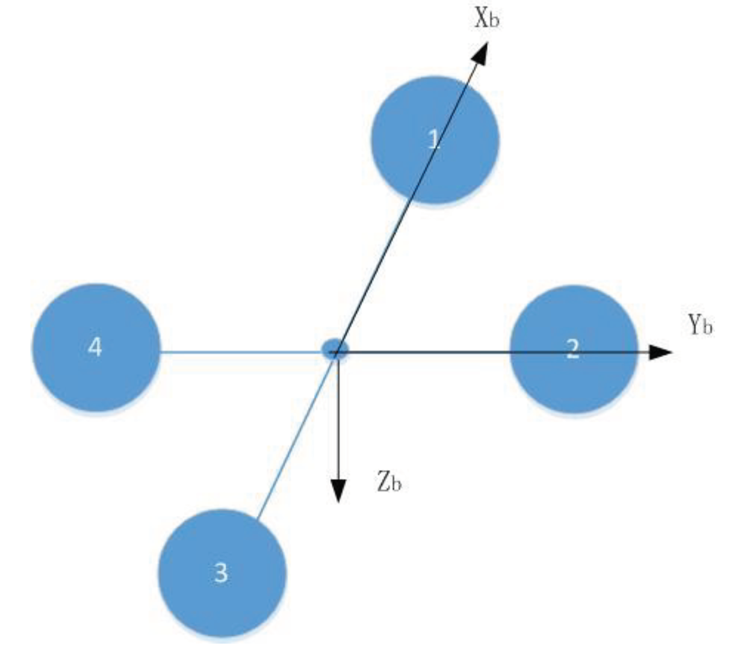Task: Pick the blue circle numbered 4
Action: [x=96, y=347]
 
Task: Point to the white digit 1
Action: [x=433, y=140]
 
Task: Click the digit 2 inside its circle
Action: [x=573, y=348]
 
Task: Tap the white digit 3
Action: [x=221, y=572]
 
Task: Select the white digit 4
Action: [x=95, y=347]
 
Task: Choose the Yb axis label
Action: [x=700, y=325]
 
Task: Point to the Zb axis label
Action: [x=389, y=482]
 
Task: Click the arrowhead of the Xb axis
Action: [x=480, y=53]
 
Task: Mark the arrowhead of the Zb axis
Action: [x=338, y=491]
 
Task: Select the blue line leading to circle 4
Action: [x=239, y=352]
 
